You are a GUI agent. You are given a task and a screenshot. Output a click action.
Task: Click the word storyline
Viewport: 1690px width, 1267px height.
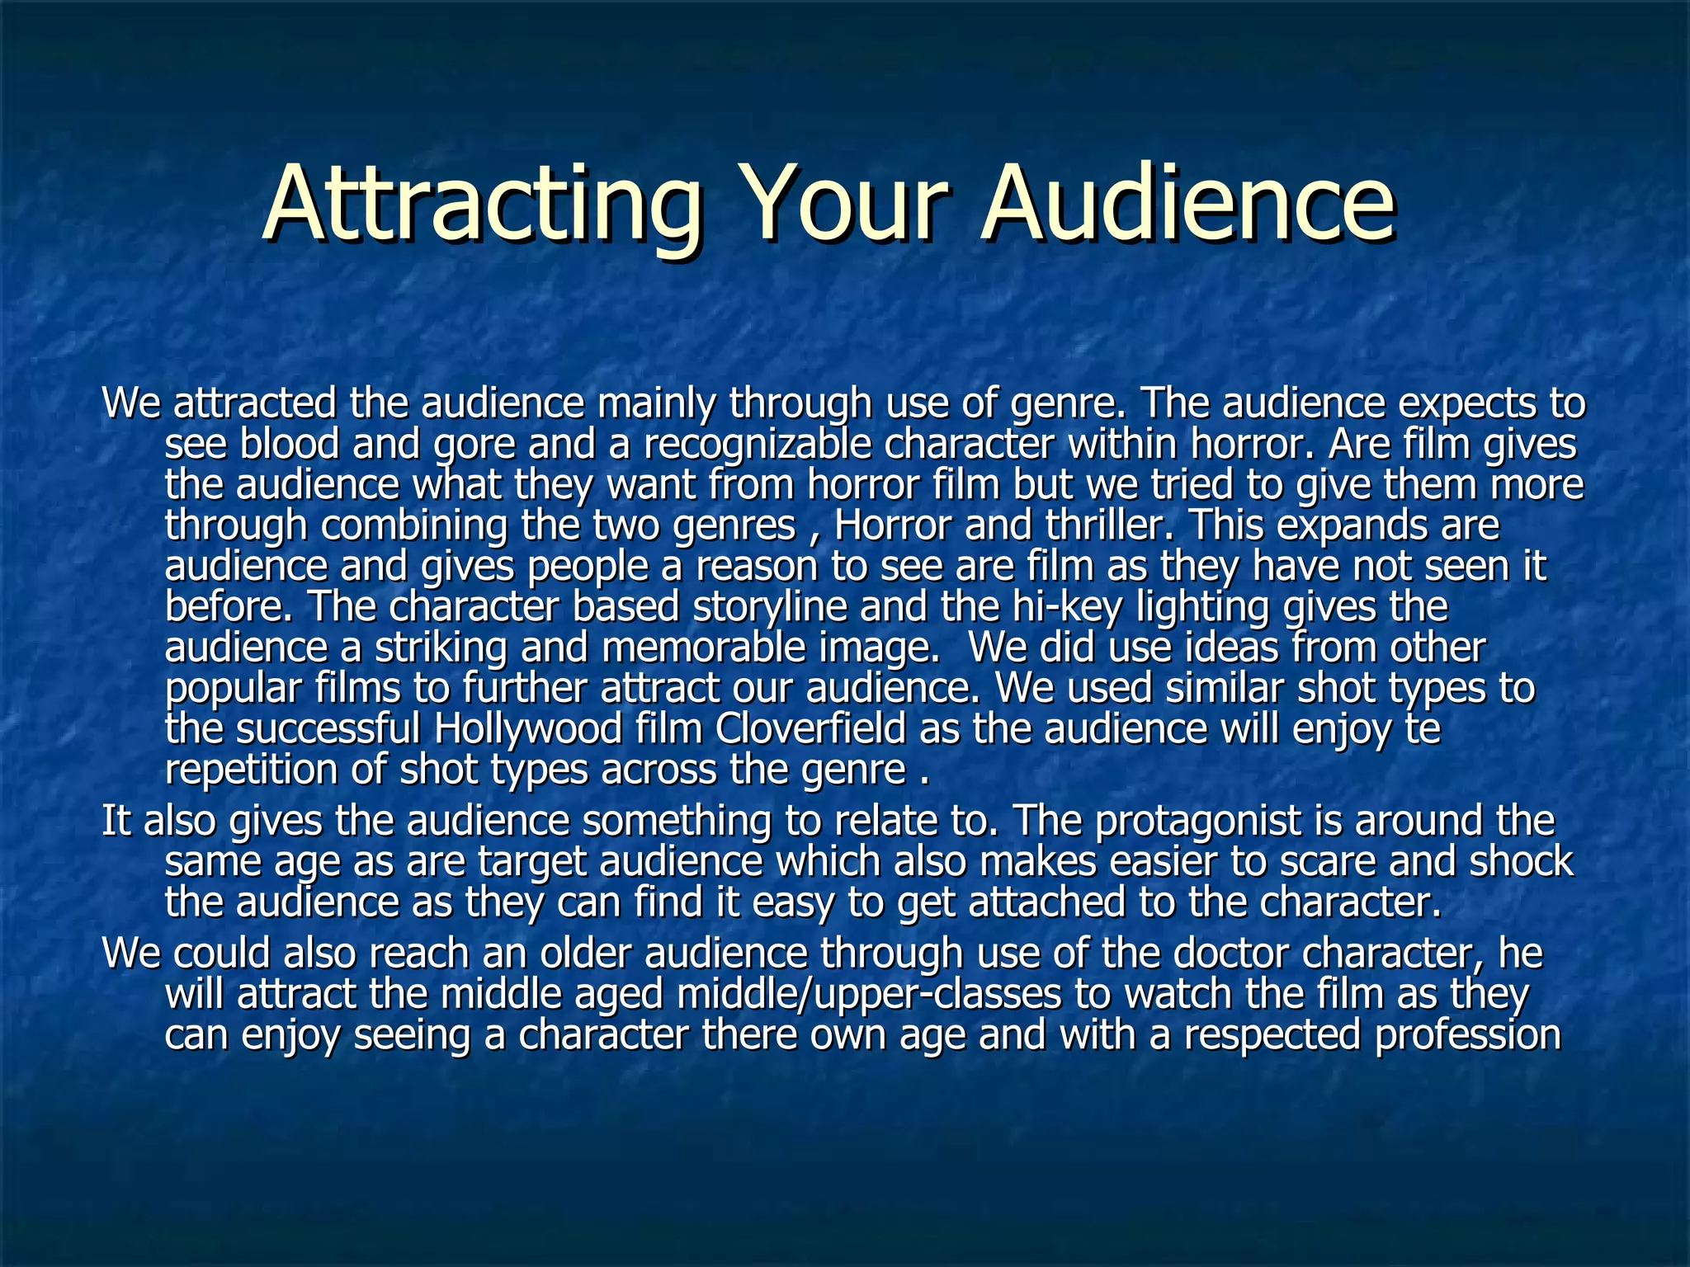(770, 606)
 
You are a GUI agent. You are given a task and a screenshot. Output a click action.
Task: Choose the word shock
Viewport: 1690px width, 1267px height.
(1522, 861)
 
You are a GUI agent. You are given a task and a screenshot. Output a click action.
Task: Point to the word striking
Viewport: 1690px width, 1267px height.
(441, 647)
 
